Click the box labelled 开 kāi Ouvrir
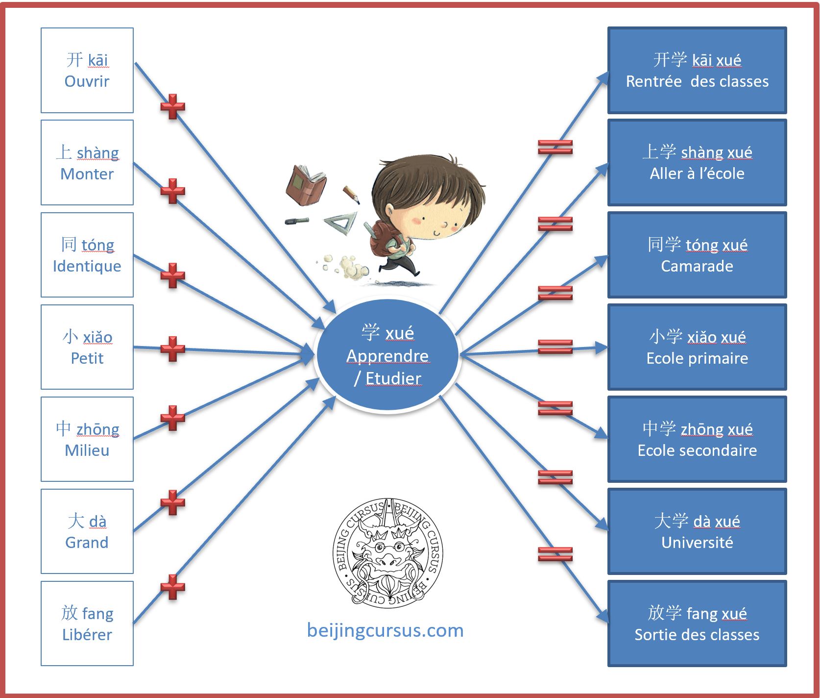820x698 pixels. click(x=87, y=70)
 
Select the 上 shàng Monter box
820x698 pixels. click(x=87, y=162)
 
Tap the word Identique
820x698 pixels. click(x=87, y=266)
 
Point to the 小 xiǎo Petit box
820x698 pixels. click(x=87, y=347)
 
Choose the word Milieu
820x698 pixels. click(x=87, y=450)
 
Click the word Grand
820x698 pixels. click(x=87, y=543)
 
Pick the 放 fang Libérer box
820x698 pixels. click(x=87, y=623)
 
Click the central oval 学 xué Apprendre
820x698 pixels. click(x=387, y=355)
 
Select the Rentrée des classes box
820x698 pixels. click(x=697, y=70)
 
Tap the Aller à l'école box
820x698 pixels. click(x=697, y=162)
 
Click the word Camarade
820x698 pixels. click(x=697, y=266)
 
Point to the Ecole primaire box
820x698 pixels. click(x=697, y=347)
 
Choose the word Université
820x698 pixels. click(x=697, y=543)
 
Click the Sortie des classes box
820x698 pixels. click(x=697, y=623)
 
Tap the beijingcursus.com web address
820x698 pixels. click(x=385, y=630)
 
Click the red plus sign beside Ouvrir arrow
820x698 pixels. click(x=172, y=106)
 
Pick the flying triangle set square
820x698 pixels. click(x=341, y=223)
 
